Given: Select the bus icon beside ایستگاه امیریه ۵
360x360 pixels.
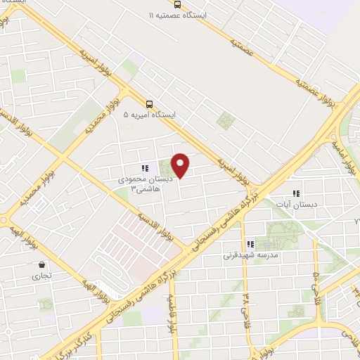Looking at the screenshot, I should pyautogui.click(x=148, y=104).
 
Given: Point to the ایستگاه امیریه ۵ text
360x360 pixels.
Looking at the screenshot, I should pyautogui.click(x=150, y=114).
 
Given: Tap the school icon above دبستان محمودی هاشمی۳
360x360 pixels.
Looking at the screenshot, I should pyautogui.click(x=144, y=169).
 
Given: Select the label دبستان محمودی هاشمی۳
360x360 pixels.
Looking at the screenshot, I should pyautogui.click(x=141, y=185).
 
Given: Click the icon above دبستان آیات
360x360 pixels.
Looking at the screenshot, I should pyautogui.click(x=295, y=193).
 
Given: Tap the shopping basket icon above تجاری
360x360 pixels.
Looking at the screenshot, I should pyautogui.click(x=43, y=266).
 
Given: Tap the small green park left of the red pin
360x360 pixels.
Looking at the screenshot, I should pyautogui.click(x=166, y=169).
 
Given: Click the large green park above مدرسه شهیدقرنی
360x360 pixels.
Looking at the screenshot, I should pyautogui.click(x=285, y=236).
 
